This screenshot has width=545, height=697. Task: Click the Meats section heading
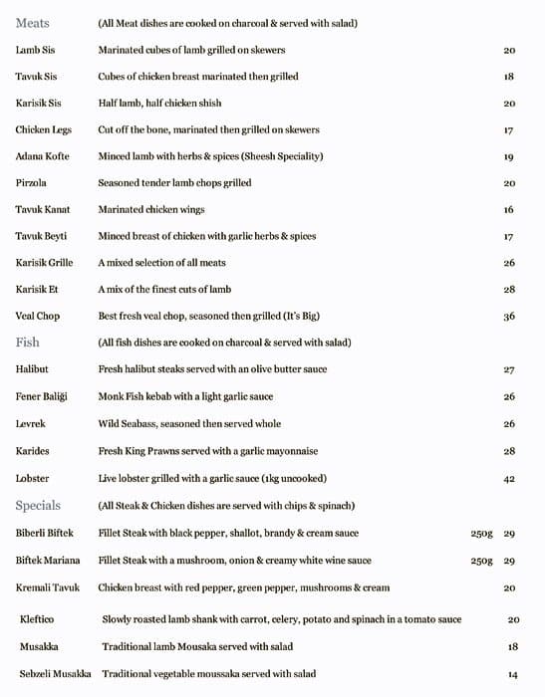click(33, 23)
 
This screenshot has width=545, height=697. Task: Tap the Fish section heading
click(27, 343)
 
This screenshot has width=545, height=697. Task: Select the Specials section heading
click(38, 506)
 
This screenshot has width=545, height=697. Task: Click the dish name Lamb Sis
click(36, 50)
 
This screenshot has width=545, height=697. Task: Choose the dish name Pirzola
click(31, 183)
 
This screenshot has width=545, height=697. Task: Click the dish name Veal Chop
click(38, 316)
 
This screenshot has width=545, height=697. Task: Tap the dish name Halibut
click(32, 369)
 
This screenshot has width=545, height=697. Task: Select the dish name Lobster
click(32, 478)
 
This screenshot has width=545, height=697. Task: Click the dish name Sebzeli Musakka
click(55, 674)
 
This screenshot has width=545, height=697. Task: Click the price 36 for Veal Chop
click(508, 317)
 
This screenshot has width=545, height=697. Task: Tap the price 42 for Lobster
click(508, 479)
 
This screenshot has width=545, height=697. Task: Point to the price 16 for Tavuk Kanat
click(508, 210)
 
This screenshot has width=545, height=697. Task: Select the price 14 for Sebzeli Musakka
click(513, 675)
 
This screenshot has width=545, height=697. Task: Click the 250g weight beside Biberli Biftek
click(481, 534)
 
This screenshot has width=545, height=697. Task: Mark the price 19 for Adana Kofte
click(508, 157)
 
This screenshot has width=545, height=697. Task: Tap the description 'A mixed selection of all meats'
click(161, 263)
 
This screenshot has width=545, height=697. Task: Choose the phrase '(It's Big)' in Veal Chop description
click(299, 316)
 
